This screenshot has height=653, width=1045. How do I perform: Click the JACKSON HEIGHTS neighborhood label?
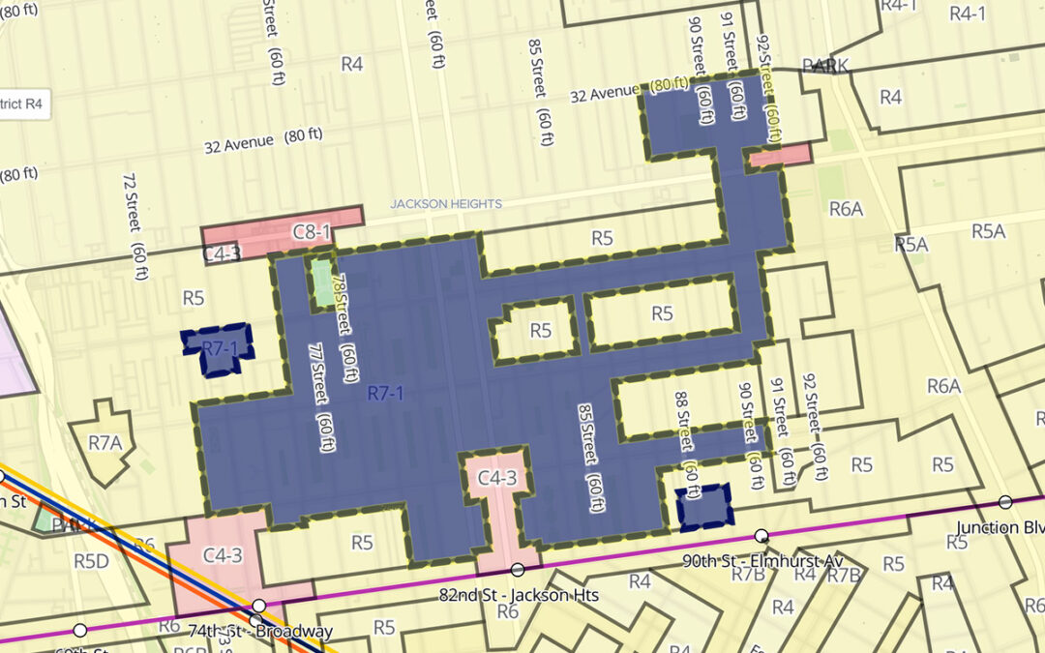click(x=445, y=204)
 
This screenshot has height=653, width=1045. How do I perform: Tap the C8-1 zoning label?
click(x=312, y=232)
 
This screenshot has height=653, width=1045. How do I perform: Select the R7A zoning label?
click(x=105, y=443)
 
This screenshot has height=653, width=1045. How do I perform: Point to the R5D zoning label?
click(x=90, y=560)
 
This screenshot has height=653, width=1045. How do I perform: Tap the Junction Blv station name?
click(x=1000, y=527)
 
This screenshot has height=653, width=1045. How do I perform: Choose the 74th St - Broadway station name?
click(x=260, y=631)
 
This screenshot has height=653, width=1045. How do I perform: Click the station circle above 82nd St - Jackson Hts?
click(x=518, y=569)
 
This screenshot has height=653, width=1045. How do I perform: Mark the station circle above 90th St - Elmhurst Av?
click(x=761, y=535)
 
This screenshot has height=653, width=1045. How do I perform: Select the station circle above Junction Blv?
click(x=1005, y=502)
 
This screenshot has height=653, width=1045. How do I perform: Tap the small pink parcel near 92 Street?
click(x=779, y=154)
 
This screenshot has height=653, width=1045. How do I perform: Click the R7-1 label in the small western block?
click(x=219, y=347)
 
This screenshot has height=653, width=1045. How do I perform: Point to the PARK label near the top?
click(x=824, y=66)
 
